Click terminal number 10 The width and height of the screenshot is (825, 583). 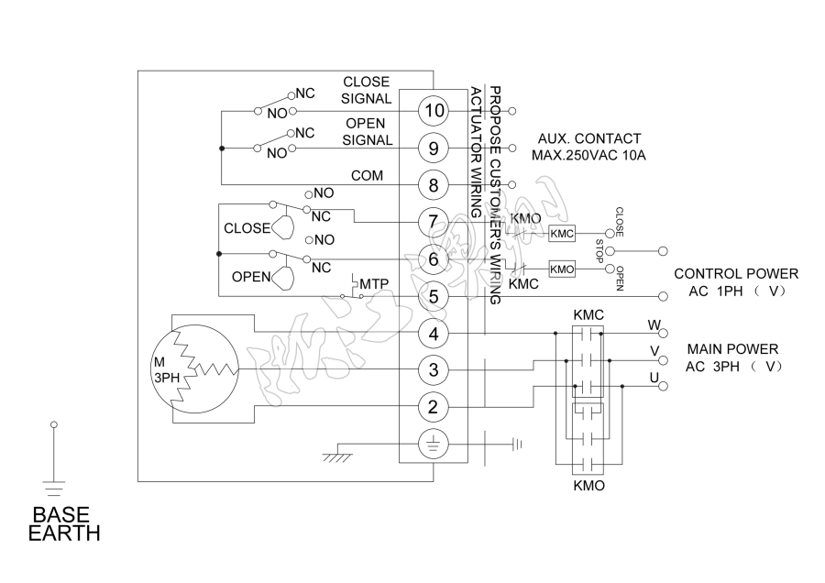433,111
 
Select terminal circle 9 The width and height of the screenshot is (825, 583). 433,148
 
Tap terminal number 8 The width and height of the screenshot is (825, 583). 433,184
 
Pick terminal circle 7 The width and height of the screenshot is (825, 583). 433,222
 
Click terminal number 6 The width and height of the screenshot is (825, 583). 433,259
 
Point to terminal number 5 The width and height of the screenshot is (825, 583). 433,296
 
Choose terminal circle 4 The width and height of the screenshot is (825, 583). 433,333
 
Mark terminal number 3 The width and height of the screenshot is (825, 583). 433,370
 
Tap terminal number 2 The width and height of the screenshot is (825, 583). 433,406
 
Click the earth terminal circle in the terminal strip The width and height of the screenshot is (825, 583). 433,445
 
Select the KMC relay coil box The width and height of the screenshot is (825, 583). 562,234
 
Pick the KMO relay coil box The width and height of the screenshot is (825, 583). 562,269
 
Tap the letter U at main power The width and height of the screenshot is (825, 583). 654,378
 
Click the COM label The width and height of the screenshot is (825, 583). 368,175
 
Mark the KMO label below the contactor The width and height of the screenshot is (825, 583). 588,486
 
